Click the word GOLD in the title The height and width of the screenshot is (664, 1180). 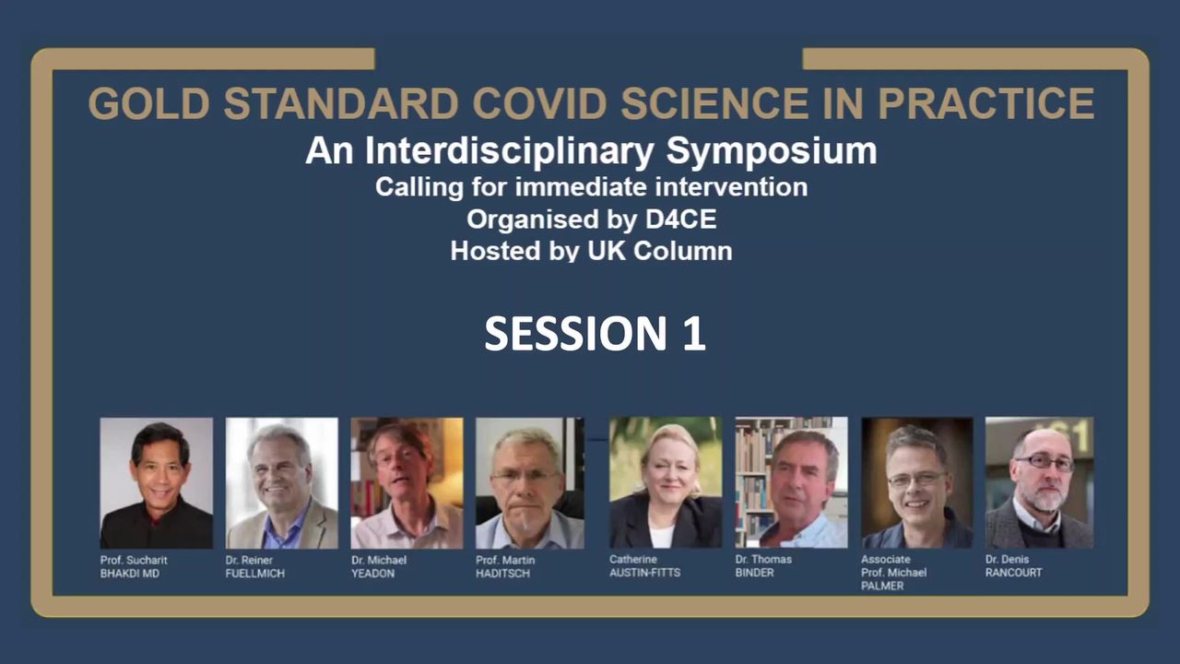click(149, 103)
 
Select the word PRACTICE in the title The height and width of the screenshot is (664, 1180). click(986, 103)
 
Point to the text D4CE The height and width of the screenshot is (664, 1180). click(680, 219)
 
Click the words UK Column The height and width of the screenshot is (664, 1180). click(660, 251)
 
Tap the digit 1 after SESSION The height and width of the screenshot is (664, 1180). click(694, 334)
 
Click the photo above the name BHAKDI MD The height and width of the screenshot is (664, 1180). click(157, 483)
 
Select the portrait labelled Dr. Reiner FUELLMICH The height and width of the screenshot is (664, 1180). click(282, 483)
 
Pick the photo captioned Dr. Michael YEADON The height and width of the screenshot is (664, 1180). click(407, 483)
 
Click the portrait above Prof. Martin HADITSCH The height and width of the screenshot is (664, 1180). click(530, 483)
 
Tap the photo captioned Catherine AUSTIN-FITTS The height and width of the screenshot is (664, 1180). click(666, 482)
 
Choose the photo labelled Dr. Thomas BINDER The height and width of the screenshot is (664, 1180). click(792, 482)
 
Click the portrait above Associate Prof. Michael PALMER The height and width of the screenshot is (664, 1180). click(917, 482)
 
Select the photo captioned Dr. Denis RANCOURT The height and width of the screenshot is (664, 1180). click(1039, 482)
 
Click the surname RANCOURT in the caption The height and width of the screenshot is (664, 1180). click(1013, 573)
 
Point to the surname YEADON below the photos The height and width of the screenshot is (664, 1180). click(372, 574)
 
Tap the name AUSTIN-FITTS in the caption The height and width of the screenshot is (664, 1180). click(644, 573)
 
